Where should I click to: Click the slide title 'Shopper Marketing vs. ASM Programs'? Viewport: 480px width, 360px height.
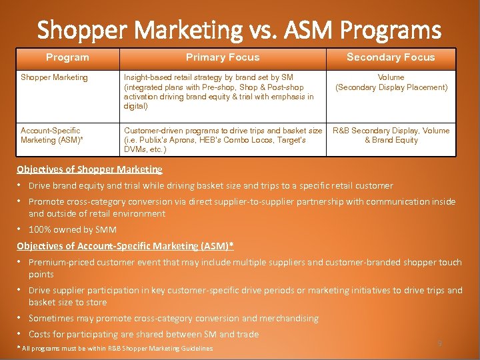point(239,30)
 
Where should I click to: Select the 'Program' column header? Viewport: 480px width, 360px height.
point(67,57)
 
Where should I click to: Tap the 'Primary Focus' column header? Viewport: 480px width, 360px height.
point(223,57)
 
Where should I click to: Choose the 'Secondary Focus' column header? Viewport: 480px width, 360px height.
point(391,57)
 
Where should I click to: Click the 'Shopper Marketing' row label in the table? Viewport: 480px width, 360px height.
point(54,77)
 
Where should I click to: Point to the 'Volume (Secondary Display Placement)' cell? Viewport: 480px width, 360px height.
point(391,82)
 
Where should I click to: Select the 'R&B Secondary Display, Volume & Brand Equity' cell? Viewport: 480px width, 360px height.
point(391,135)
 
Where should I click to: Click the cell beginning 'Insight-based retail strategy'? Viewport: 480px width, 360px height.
point(219,91)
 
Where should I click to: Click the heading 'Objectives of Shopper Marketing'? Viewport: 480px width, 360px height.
point(89,169)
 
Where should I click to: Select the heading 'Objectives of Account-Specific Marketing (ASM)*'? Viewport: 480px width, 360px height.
point(125,246)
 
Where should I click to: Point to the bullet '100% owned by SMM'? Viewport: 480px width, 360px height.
point(72,230)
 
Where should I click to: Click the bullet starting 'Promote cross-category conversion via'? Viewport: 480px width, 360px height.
point(242,207)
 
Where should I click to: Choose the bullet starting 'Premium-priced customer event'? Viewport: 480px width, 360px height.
point(245,268)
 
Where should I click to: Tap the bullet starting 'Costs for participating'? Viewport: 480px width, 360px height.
point(143,334)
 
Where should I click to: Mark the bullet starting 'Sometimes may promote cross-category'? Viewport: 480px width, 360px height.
point(173,319)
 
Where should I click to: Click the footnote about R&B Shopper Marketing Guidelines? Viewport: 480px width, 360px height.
point(115,349)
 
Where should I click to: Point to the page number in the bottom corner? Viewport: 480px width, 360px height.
point(439,343)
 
